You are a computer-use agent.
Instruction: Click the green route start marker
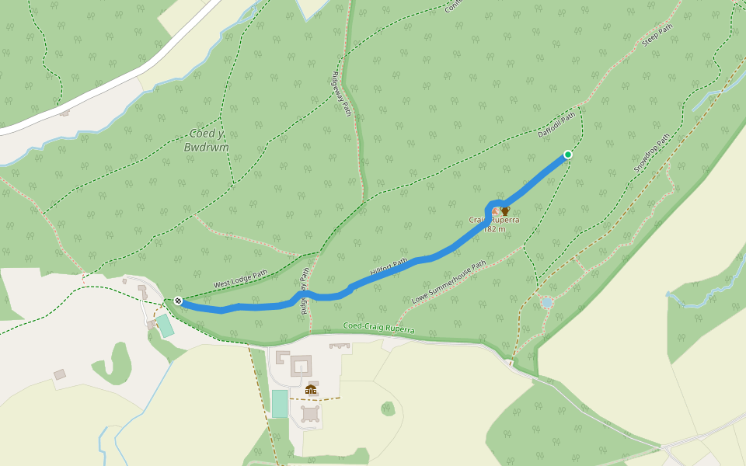[x=568, y=155]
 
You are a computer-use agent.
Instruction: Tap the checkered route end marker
[x=178, y=301]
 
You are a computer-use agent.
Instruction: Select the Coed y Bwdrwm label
[x=207, y=141]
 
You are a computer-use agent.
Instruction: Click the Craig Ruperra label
[x=494, y=221]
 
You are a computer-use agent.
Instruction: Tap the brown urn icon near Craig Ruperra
[x=505, y=210]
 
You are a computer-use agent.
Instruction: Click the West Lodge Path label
[x=240, y=277]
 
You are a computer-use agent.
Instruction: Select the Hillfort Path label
[x=389, y=268]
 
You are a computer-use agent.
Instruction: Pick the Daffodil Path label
[x=556, y=124]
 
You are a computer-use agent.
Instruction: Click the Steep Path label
[x=657, y=35]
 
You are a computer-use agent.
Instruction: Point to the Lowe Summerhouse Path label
[x=448, y=282]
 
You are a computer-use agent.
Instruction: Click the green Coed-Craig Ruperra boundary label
[x=379, y=329]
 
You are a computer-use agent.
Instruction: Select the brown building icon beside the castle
[x=311, y=389]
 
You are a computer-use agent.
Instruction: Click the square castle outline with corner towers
[x=311, y=413]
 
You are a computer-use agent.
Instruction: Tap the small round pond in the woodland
[x=547, y=302]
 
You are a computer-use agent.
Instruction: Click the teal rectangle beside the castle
[x=280, y=403]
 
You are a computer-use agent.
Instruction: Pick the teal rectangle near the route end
[x=165, y=325]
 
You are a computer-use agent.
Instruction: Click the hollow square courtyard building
[x=301, y=366]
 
